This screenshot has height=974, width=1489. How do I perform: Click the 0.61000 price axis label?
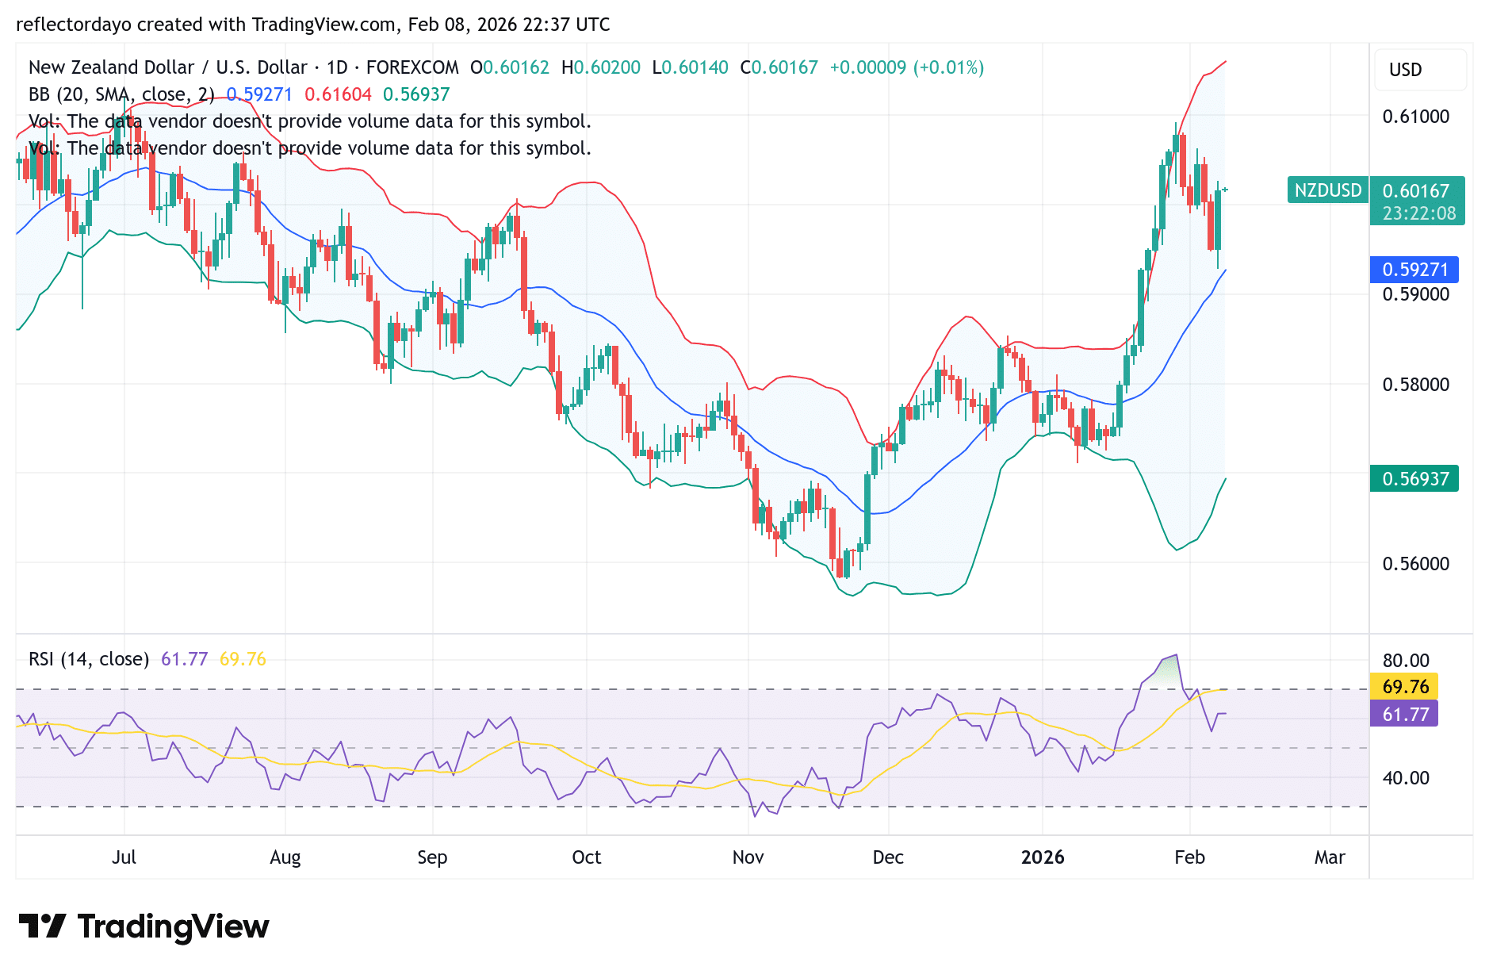click(1415, 117)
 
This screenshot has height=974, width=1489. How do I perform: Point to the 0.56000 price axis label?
click(1415, 564)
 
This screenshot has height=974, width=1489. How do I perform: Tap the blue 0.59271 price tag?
click(1414, 270)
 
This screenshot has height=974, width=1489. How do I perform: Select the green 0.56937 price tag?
click(1414, 479)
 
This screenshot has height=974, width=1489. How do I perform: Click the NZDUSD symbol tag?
click(1327, 190)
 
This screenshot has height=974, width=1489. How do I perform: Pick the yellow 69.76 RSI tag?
click(1405, 686)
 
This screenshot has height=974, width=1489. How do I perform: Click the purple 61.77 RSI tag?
click(1405, 714)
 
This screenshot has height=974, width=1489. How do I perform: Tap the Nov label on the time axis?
click(748, 857)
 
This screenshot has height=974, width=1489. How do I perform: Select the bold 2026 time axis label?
click(1043, 857)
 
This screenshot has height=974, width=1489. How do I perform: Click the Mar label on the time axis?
click(1330, 857)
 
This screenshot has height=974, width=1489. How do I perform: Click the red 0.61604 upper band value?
click(338, 94)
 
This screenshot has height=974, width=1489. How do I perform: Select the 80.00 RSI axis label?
click(1406, 661)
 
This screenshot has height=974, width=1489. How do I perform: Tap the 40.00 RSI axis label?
click(1406, 778)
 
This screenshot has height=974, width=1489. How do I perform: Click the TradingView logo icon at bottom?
click(42, 926)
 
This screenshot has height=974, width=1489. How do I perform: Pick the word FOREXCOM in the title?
click(412, 67)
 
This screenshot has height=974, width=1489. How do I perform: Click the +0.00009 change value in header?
click(867, 67)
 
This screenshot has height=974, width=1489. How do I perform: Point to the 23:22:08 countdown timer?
click(1418, 213)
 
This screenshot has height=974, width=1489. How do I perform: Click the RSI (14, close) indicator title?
click(89, 659)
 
